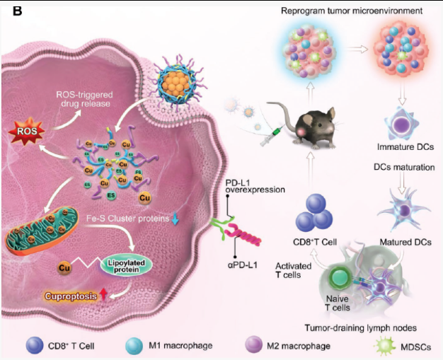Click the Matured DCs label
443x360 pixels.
click(402, 242)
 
